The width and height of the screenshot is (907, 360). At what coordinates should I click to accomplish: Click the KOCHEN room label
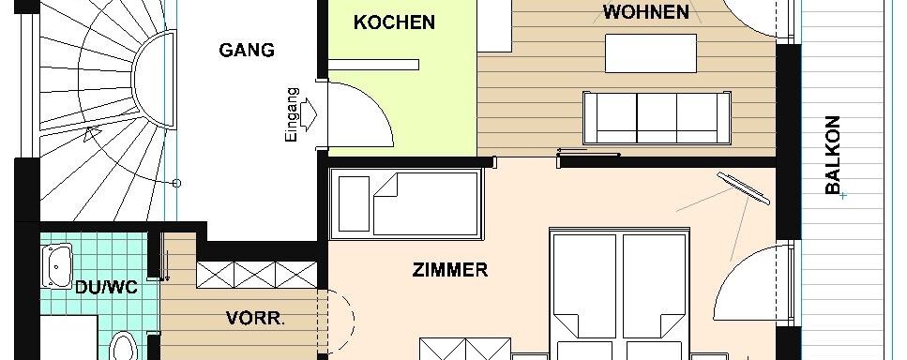point(394,22)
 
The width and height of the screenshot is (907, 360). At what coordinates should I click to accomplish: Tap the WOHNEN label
point(646,12)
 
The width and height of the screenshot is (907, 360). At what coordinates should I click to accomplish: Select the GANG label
point(247,51)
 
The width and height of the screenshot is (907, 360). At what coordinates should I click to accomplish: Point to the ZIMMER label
point(450,270)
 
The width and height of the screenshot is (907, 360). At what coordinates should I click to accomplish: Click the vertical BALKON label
point(832,155)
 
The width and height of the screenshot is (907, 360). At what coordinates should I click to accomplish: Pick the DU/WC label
point(106,287)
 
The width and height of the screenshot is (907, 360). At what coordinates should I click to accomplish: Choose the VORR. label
point(255,319)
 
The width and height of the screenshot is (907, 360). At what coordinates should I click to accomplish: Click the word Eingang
point(292,114)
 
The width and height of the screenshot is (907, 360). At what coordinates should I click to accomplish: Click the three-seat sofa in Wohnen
point(657,117)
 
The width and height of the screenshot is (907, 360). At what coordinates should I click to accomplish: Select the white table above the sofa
point(651,53)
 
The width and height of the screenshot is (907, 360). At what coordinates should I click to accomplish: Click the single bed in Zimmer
point(406,204)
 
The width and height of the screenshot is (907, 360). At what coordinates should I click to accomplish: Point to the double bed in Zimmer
point(619,293)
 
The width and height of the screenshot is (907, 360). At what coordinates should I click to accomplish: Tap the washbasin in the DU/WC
point(57,265)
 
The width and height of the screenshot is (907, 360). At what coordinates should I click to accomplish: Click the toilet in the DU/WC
point(122,346)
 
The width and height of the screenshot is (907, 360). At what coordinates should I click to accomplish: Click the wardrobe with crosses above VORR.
point(257,275)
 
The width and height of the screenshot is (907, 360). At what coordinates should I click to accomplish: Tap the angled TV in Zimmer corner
point(743,187)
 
